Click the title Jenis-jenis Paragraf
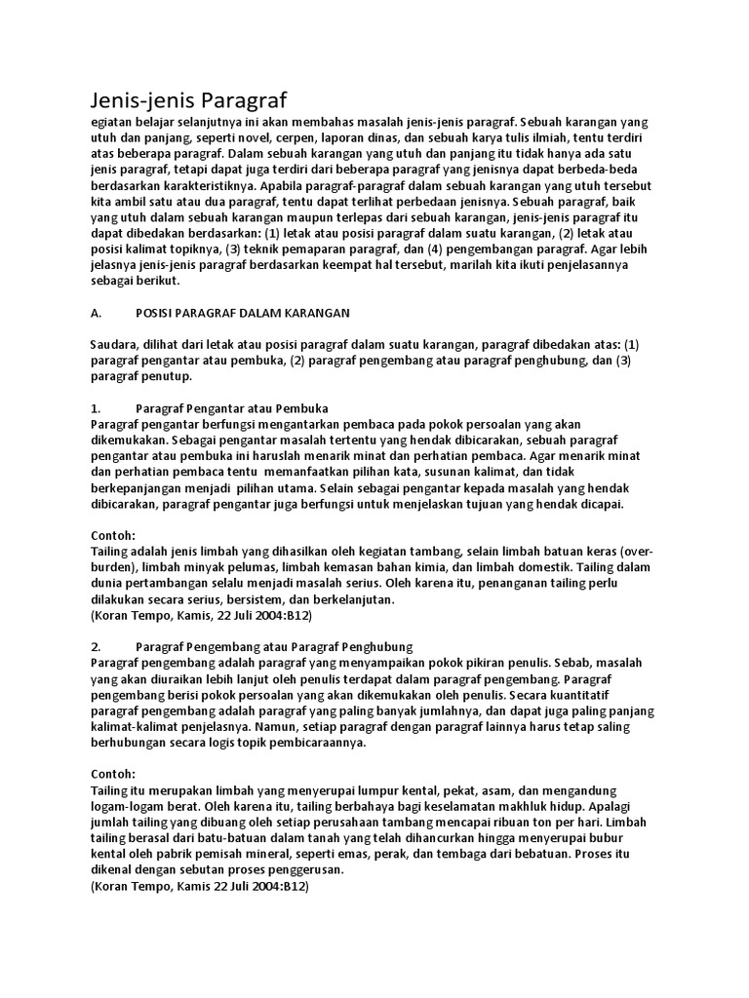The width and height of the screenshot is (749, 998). tap(190, 100)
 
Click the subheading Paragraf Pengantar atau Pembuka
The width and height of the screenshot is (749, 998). tap(232, 407)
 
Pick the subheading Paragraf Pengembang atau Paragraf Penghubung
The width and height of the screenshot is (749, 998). tap(275, 646)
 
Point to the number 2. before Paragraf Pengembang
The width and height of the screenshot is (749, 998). tap(96, 646)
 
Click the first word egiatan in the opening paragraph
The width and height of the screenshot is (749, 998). tap(112, 122)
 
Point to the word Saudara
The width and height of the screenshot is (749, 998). tap(116, 344)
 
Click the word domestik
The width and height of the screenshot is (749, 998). tap(538, 567)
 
